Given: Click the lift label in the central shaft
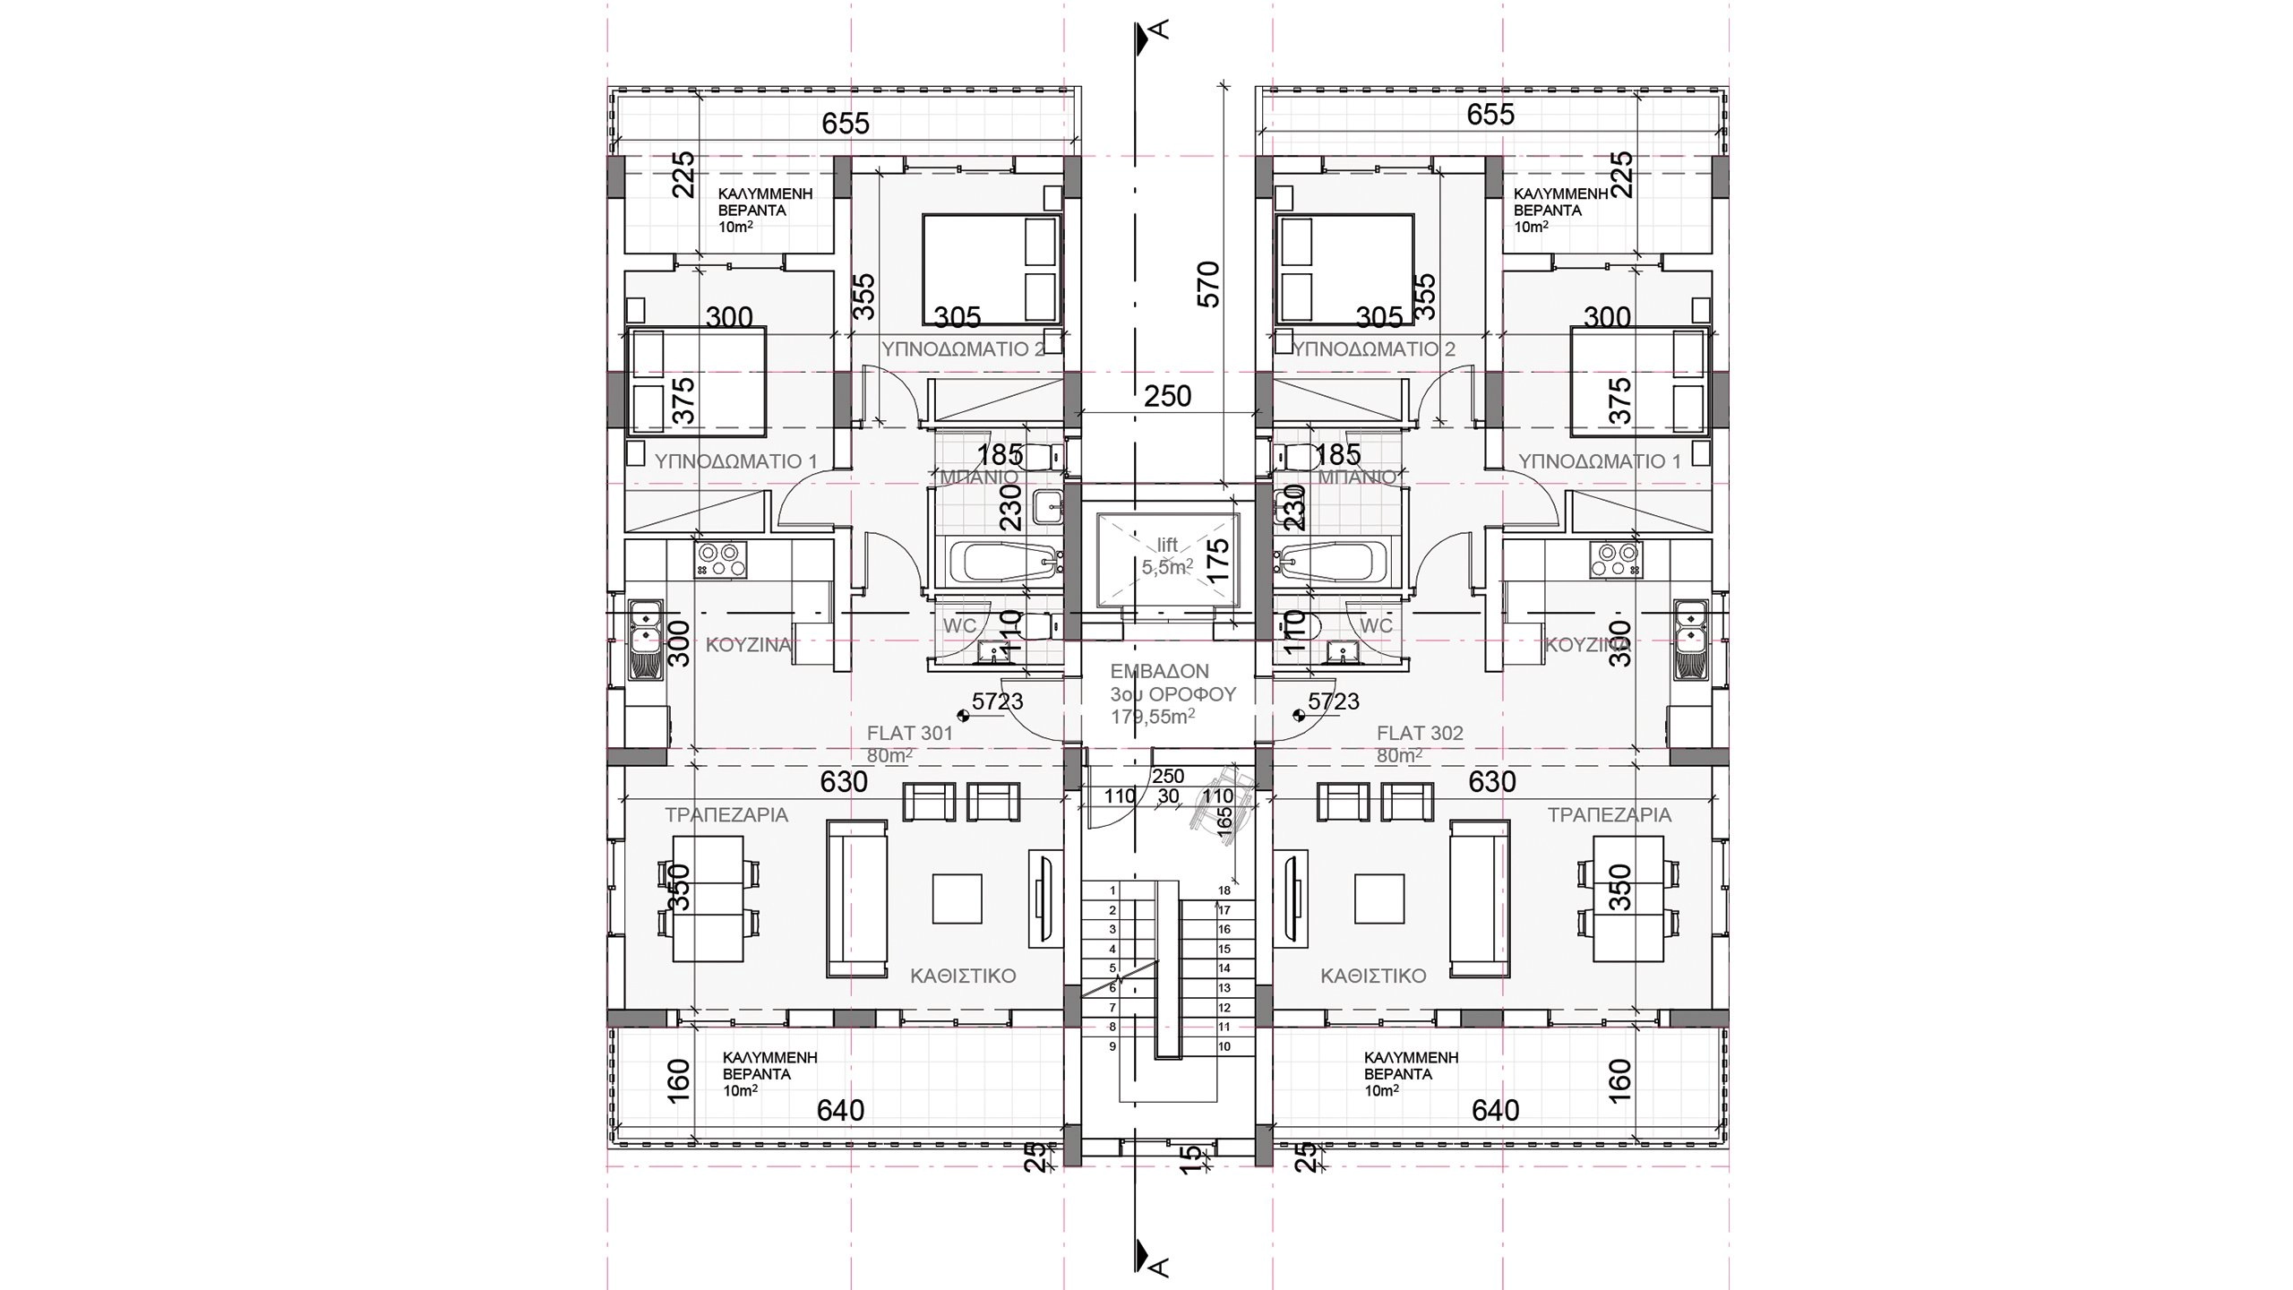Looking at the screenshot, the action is (1167, 545).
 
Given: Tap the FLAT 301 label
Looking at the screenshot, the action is (909, 733).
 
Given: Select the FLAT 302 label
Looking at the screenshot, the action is (1420, 733).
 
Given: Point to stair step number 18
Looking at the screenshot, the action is (1224, 890).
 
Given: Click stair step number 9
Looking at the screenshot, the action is (1112, 1045).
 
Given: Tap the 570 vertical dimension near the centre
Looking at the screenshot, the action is (1209, 284).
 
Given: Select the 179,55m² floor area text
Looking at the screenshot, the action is (1153, 717).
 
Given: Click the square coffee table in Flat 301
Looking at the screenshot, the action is (958, 899).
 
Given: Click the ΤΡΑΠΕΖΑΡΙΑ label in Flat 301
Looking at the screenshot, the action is (726, 815).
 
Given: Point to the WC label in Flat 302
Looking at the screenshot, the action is (1376, 625).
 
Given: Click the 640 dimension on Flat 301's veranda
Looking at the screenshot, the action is (841, 1111).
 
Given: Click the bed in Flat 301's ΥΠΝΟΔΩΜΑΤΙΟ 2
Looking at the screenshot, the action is (991, 269).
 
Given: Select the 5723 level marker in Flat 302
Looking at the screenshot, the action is (1334, 702).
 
